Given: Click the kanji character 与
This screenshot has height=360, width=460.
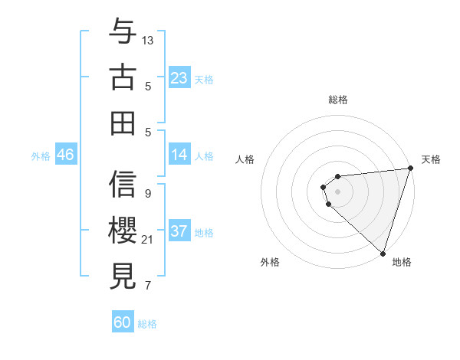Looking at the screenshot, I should tap(123, 33).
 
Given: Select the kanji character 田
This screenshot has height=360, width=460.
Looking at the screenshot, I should tap(123, 123).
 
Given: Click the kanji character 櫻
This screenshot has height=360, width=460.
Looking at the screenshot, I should tap(123, 230).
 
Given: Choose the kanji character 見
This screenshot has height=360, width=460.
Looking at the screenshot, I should tap(123, 275).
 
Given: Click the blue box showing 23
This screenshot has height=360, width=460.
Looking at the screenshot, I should tap(179, 77).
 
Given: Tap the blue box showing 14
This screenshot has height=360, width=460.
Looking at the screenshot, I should tap(179, 155).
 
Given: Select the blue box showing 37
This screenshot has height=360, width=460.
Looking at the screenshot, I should tap(179, 231).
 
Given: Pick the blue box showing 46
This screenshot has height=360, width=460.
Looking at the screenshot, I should tap(65, 155).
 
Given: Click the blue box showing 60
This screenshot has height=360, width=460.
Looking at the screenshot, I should tap(122, 322).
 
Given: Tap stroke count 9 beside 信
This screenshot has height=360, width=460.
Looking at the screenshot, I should tap(147, 193).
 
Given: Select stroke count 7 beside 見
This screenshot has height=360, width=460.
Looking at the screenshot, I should tap(147, 286).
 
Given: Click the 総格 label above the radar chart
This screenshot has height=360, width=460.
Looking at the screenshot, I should tap(338, 100).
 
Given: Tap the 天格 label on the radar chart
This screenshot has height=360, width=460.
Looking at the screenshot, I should tap(431, 159).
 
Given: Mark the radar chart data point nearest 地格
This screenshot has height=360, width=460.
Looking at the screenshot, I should tap(383, 252).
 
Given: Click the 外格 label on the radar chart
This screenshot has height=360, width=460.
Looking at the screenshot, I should tap(269, 262).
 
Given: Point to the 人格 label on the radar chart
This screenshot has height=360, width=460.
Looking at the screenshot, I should tap(246, 159).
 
